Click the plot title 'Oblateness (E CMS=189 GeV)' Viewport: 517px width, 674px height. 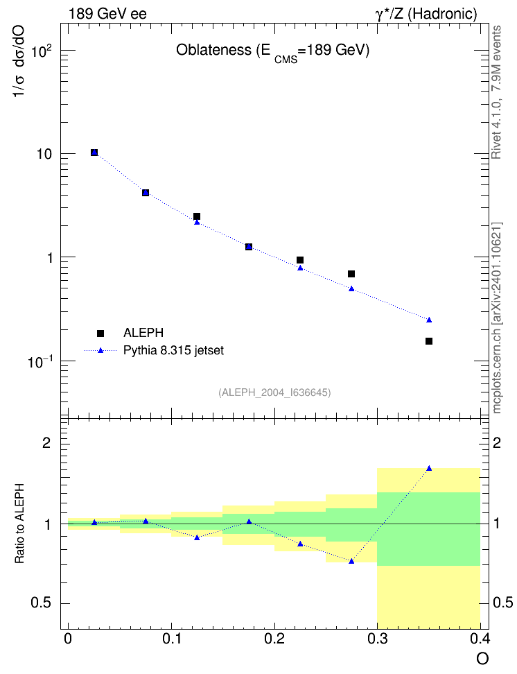[x=272, y=52]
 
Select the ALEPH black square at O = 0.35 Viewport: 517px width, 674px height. [x=428, y=341]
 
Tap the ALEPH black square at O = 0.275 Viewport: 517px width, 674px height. [x=351, y=274]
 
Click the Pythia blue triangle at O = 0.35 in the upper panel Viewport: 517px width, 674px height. [x=429, y=320]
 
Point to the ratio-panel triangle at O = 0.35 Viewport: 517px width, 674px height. [x=429, y=468]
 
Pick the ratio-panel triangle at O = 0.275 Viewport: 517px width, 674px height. [x=351, y=561]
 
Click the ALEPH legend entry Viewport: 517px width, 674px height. [x=130, y=333]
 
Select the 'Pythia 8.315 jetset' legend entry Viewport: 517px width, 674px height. [x=154, y=350]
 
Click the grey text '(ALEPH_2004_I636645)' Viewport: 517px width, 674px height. [x=274, y=392]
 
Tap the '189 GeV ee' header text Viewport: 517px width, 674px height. [x=107, y=14]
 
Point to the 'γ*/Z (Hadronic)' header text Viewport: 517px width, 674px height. [x=426, y=14]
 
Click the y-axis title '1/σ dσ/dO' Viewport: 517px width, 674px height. [x=19, y=62]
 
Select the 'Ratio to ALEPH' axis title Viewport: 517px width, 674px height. [x=19, y=524]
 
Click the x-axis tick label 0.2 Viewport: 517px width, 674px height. [x=274, y=639]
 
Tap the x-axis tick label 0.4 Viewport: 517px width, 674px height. [x=480, y=639]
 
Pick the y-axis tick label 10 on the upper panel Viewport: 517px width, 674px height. [x=44, y=154]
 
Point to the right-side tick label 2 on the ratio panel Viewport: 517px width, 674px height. [x=496, y=442]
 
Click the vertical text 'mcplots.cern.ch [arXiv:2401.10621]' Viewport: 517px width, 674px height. [x=497, y=318]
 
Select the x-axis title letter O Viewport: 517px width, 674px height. [x=482, y=659]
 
